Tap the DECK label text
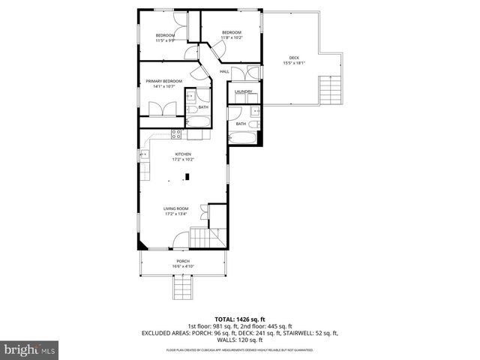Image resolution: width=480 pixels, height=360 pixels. coord(294,58)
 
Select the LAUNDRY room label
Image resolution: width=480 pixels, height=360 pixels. coord(242,92)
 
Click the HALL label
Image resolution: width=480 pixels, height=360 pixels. coord(224,72)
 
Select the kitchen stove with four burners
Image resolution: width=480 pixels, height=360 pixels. coord(177,135)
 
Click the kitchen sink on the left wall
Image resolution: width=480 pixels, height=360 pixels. coord(142,155)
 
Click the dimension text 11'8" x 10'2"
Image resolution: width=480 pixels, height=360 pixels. coord(231,37)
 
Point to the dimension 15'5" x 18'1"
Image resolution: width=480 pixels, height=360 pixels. coord(293,64)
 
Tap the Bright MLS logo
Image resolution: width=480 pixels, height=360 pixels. coord(30,349)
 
